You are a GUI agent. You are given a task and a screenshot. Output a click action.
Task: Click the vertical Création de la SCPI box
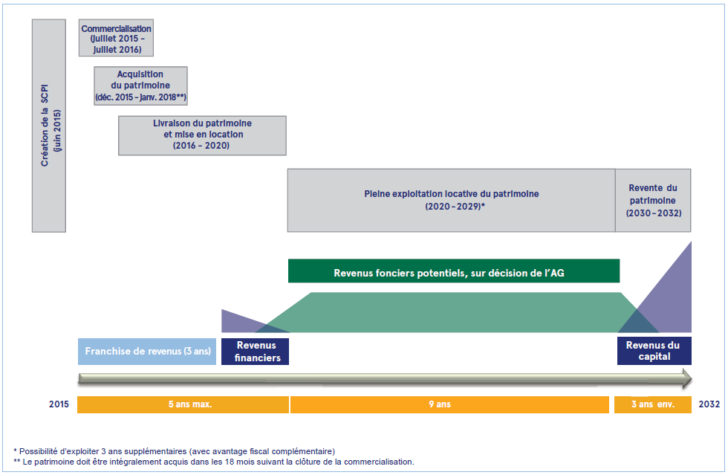click(49, 126)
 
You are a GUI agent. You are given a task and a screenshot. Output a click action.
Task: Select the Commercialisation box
click(116, 38)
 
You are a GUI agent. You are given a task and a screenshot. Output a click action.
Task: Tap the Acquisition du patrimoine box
click(140, 85)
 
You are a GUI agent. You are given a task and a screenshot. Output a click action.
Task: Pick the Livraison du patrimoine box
click(202, 135)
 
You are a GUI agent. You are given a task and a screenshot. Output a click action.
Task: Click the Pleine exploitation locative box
click(452, 200)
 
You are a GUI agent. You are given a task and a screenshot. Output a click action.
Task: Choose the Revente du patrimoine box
click(653, 200)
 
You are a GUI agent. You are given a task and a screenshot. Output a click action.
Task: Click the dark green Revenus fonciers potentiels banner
click(454, 271)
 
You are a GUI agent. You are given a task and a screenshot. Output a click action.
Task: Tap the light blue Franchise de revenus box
click(147, 352)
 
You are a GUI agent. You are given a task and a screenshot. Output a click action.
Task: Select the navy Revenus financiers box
click(255, 352)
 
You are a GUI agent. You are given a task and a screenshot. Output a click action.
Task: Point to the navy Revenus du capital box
click(654, 351)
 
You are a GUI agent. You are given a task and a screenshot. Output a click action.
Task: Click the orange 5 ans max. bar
click(183, 404)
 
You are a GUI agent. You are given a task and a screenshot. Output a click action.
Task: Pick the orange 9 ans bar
click(449, 404)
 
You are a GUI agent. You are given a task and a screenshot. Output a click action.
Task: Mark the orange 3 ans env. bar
click(653, 404)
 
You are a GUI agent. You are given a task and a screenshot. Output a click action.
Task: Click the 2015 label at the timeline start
click(59, 404)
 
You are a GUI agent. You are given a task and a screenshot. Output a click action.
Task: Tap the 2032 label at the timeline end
click(709, 404)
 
